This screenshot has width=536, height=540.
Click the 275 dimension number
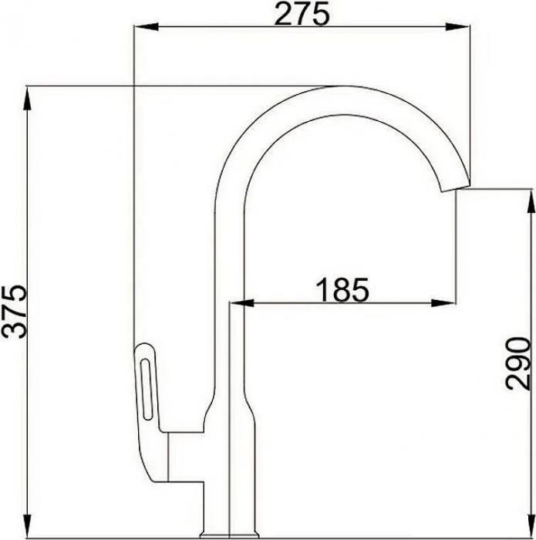pyautogui.click(x=303, y=13)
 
